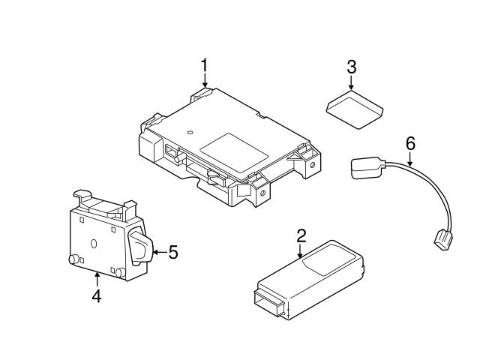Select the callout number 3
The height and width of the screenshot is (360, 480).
click(351, 66)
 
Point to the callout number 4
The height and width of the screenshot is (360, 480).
click(96, 295)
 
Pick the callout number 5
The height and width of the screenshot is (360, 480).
click(172, 253)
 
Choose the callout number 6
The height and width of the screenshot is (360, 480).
click(409, 142)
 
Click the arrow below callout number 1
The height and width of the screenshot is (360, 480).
click(204, 88)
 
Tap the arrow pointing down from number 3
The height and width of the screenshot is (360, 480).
click(351, 85)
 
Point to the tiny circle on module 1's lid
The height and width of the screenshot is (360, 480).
click(190, 133)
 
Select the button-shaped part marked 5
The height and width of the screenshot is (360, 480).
click(141, 246)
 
